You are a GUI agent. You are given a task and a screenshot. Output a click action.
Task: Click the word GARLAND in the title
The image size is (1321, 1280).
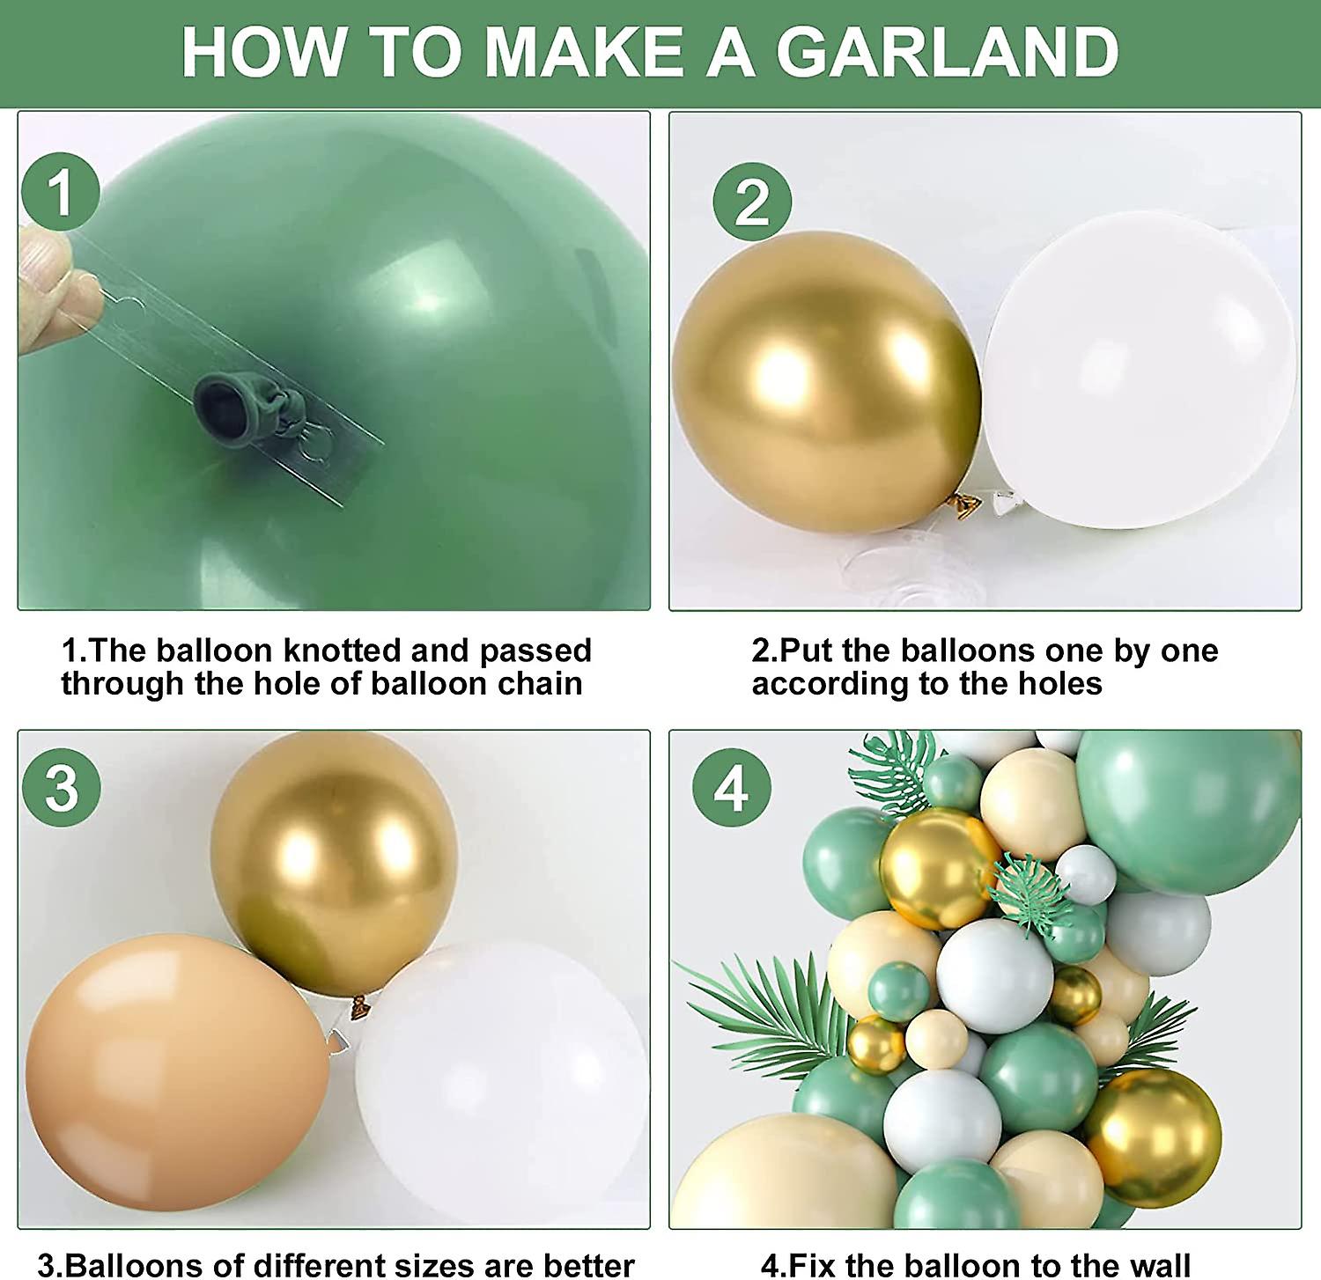pos(947,53)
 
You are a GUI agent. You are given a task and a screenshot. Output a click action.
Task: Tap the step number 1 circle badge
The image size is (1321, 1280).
pos(60,191)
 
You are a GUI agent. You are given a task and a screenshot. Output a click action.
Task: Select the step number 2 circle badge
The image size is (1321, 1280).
pos(751,202)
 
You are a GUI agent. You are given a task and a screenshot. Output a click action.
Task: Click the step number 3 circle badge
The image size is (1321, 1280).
pos(61,786)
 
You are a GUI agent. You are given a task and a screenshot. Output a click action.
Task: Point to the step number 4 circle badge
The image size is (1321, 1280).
pos(731,786)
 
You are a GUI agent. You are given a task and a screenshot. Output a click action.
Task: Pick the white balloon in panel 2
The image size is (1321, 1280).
pos(1140,370)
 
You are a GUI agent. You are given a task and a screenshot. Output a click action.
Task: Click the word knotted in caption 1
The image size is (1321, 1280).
pos(341,651)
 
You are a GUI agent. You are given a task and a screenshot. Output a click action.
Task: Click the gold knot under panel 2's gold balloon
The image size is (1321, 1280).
pos(965,503)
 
